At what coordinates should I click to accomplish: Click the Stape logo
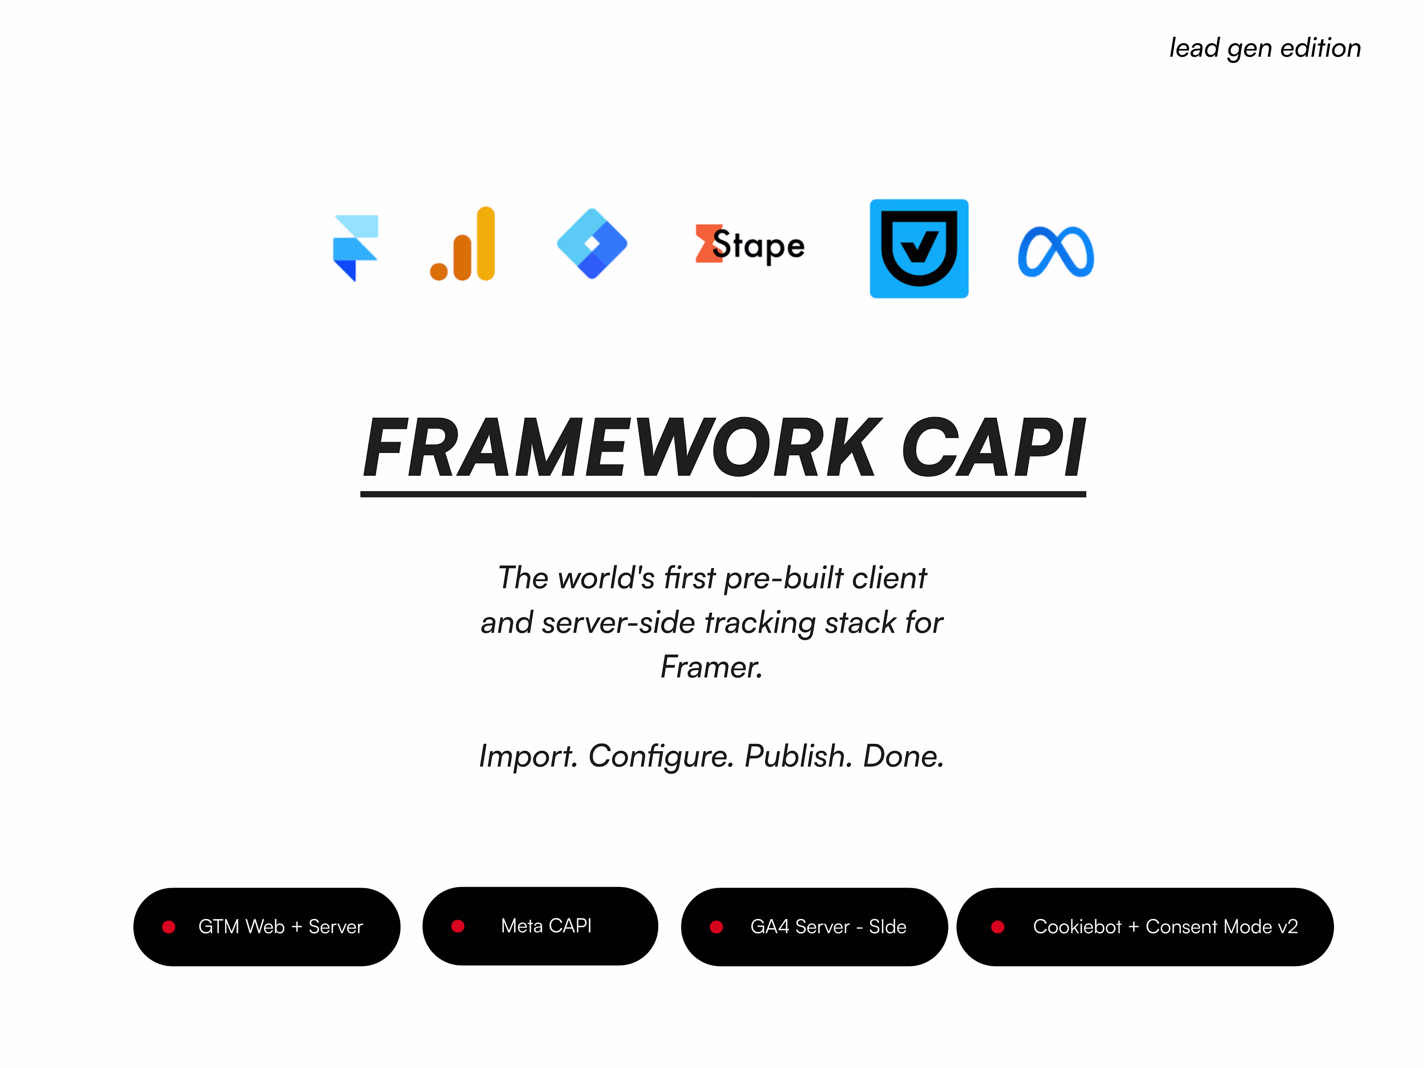coord(750,245)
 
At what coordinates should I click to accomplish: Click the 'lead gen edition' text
coord(1265,48)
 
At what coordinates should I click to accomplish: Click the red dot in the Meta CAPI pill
coord(458,926)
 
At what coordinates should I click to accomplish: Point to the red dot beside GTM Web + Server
coord(169,926)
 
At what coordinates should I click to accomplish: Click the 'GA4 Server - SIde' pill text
coord(828,926)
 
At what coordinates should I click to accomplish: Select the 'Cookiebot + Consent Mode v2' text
coord(1165,926)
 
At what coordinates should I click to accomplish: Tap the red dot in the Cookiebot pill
coord(998,926)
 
